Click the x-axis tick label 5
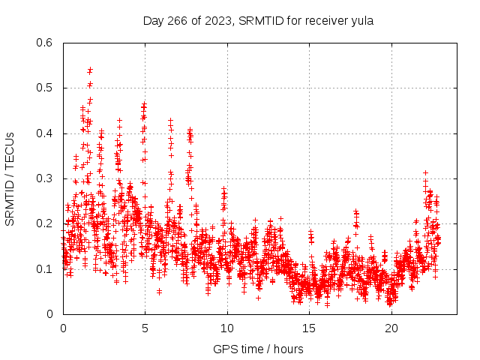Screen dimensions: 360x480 145,328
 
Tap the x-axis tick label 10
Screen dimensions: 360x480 226,328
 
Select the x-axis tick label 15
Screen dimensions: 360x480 309,328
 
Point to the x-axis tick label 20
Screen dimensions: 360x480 391,328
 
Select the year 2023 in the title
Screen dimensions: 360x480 216,20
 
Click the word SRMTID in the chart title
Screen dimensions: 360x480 257,20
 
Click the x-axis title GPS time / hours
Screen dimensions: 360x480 258,349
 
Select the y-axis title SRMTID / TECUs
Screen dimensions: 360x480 10,178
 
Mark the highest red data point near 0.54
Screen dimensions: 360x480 90,69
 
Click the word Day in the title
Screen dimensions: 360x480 154,20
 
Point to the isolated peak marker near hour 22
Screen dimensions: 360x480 425,172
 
